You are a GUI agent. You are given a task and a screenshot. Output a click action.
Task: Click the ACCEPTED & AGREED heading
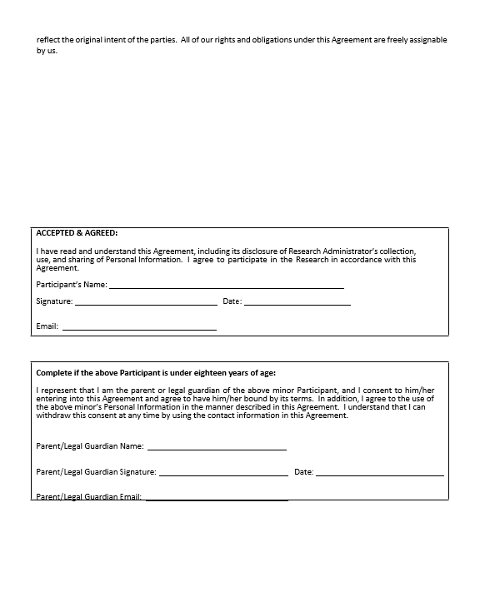point(77,233)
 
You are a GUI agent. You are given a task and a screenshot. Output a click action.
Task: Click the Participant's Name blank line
point(226,286)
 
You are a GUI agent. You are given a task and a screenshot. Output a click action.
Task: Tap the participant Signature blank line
point(146,303)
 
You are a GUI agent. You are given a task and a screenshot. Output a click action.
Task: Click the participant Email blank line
point(139,328)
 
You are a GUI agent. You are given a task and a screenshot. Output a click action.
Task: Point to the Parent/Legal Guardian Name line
point(217,448)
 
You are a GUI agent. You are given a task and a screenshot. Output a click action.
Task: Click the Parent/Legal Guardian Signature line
point(223,474)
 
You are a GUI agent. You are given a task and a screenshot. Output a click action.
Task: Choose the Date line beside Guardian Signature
point(379,474)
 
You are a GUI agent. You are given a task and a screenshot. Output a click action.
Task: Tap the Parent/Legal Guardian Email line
point(217,499)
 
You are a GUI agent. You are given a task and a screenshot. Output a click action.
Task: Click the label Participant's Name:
point(71,285)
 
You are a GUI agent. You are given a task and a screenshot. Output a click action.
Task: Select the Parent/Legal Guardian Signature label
point(96,472)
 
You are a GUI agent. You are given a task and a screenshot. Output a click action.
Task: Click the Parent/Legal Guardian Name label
point(90,446)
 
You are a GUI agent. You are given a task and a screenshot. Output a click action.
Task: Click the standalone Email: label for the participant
point(47,326)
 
